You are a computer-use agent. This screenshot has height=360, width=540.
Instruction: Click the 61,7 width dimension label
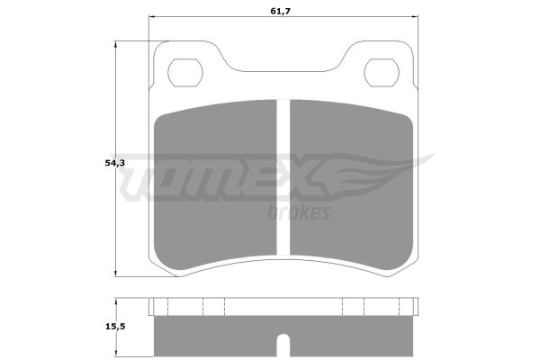[280, 11]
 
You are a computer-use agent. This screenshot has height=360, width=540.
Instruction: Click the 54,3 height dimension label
[115, 163]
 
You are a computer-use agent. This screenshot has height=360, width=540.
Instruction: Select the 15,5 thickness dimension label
[115, 327]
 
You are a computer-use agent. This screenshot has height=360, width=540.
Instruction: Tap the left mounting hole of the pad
[185, 73]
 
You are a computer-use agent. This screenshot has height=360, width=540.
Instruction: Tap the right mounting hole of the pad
[382, 73]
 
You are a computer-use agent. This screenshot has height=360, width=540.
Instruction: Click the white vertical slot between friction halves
[283, 177]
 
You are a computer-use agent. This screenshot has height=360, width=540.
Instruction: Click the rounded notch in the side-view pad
[283, 346]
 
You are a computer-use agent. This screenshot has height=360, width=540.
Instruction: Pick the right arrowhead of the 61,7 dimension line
[415, 16]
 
